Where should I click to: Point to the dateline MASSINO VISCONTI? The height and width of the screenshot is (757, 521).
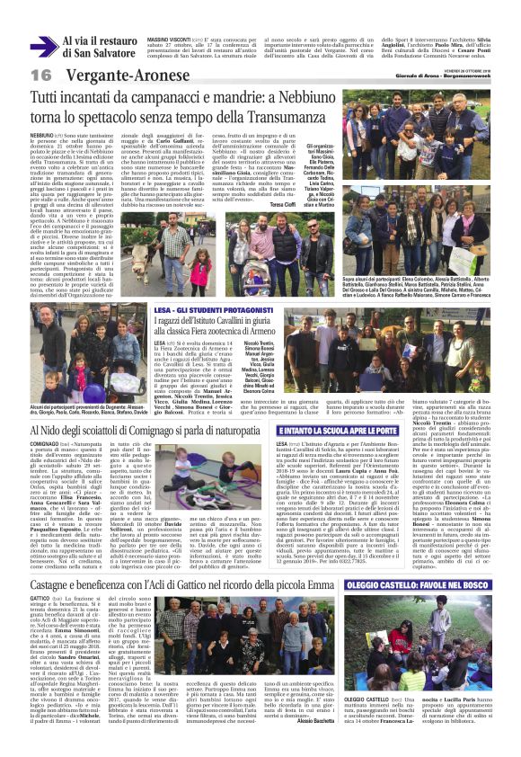tap(169, 40)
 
